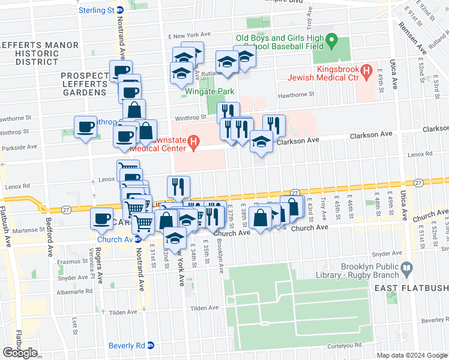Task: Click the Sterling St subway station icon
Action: click(x=119, y=10)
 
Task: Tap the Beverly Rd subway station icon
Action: click(x=151, y=346)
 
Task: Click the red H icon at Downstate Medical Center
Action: click(x=193, y=142)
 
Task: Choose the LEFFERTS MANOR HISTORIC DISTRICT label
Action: click(x=39, y=53)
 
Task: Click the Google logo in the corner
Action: click(x=20, y=353)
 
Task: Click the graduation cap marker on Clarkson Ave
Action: click(x=261, y=142)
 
